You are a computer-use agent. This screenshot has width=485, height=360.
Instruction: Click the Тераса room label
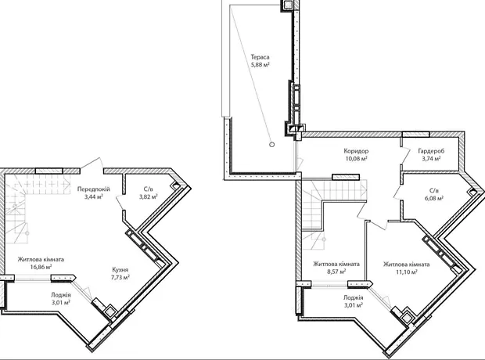click(260, 57)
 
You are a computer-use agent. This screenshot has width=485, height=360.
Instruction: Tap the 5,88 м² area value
click(260, 65)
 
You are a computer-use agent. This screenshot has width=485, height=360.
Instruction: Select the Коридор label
click(356, 151)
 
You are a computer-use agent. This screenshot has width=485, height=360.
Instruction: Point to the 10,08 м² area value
click(357, 159)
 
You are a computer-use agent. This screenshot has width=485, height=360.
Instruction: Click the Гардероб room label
click(431, 151)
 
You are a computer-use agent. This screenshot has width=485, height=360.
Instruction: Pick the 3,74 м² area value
click(431, 159)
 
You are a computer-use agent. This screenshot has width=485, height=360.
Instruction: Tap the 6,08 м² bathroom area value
click(434, 199)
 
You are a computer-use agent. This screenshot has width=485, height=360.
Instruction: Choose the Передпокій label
click(93, 189)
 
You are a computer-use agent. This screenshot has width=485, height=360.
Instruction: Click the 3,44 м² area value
click(93, 196)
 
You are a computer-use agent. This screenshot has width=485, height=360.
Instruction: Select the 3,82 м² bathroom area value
click(149, 196)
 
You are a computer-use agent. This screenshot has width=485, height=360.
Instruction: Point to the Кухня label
click(120, 270)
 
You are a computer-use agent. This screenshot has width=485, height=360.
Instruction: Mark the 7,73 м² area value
click(120, 278)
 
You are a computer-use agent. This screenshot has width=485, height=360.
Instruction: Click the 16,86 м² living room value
click(41, 267)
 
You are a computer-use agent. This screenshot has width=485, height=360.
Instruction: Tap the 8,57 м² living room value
click(336, 272)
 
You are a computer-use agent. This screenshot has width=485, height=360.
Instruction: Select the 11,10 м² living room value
click(407, 272)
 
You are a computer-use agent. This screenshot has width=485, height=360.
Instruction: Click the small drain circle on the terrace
click(272, 144)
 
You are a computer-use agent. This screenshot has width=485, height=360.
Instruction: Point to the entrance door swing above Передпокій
click(92, 163)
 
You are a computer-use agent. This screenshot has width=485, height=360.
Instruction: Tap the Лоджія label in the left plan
click(61, 295)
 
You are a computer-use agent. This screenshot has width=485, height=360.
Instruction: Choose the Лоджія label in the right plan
click(353, 297)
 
